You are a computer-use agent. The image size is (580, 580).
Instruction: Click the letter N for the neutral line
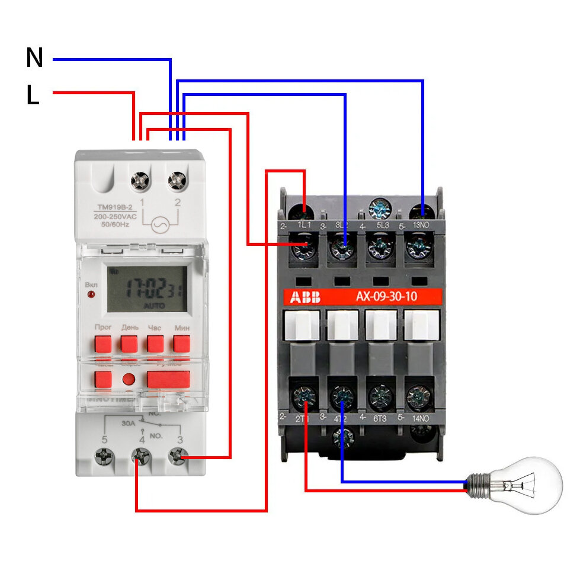[35, 57]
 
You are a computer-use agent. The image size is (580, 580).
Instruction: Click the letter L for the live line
[33, 95]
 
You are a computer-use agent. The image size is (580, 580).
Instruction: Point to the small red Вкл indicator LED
[91, 294]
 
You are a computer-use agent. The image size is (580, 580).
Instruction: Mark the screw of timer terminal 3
[177, 457]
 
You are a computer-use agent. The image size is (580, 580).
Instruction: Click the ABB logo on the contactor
[301, 297]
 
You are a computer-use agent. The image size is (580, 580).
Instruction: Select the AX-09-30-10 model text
[386, 296]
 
